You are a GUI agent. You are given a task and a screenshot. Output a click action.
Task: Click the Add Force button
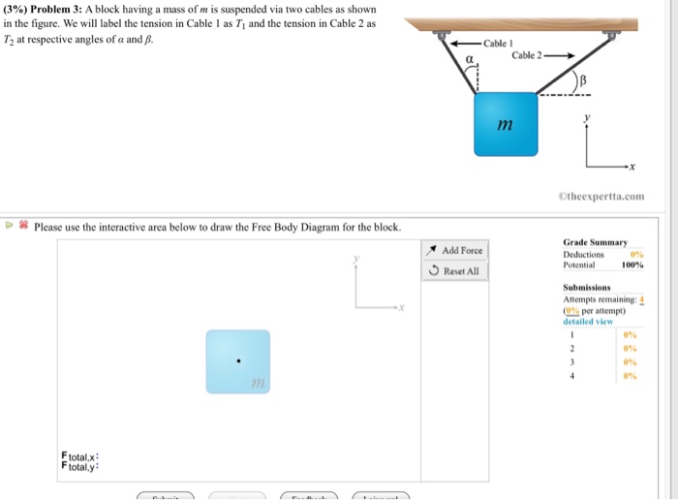456,250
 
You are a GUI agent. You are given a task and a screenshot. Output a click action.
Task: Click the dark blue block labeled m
506,124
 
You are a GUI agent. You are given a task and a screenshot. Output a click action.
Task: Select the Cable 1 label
495,44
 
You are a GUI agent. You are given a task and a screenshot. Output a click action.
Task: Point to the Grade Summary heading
596,242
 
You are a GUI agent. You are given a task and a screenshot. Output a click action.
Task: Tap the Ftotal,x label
80,455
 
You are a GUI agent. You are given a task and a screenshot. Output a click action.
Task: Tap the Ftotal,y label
80,466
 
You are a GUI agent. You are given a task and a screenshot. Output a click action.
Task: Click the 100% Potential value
633,264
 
